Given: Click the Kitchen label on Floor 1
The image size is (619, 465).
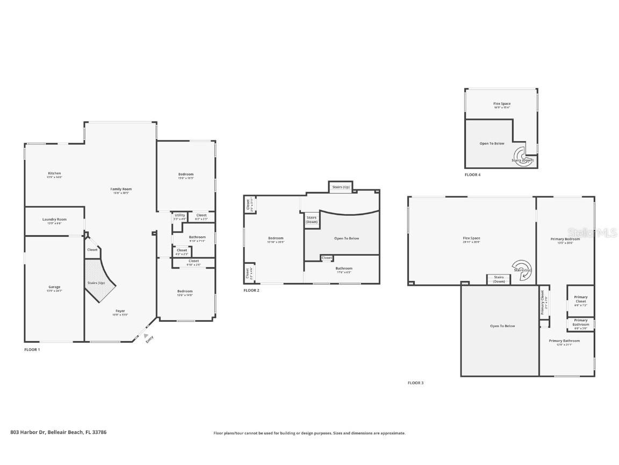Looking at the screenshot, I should pyautogui.click(x=54, y=173).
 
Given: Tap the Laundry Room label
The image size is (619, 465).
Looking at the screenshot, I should pyautogui.click(x=54, y=220).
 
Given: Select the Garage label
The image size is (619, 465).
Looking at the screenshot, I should pyautogui.click(x=54, y=287).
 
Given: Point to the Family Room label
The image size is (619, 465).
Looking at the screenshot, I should pyautogui.click(x=121, y=189).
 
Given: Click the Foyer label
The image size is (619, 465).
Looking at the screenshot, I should pyautogui.click(x=121, y=311).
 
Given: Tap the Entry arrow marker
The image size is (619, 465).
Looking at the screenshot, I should pyautogui.click(x=146, y=336).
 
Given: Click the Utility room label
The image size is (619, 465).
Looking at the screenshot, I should pyautogui.click(x=179, y=216).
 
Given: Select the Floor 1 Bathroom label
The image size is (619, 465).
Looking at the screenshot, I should pyautogui.click(x=197, y=237).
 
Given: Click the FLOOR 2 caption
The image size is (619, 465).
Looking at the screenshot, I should pyautogui.click(x=251, y=291).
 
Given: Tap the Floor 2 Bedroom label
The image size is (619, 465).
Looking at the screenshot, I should pyautogui.click(x=276, y=238).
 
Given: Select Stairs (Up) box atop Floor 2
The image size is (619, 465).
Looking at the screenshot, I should pyautogui.click(x=341, y=187).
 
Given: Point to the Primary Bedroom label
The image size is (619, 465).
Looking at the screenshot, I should pyautogui.click(x=565, y=239).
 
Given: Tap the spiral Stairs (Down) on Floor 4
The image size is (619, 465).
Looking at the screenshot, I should pyautogui.click(x=522, y=157).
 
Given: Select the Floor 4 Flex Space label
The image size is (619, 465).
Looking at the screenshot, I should pyautogui.click(x=502, y=104).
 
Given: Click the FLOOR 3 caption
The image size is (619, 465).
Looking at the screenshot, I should pyautogui.click(x=415, y=383).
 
